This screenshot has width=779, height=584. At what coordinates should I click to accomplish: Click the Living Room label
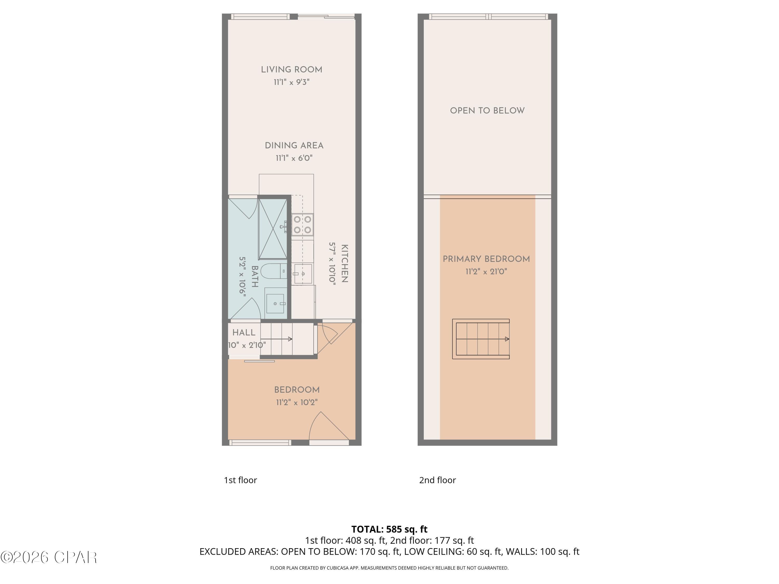coord(291,70)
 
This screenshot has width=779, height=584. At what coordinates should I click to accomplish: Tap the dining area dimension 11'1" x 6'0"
coord(294,158)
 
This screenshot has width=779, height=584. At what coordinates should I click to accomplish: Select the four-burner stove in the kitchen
coord(303,225)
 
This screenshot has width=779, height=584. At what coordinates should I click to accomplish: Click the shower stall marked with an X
coord(273,229)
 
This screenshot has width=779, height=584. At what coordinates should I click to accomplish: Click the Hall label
coord(244,333)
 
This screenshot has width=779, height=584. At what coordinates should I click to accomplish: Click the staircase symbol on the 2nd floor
coord(481,339)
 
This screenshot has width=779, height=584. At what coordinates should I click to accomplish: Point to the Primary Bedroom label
coord(486,259)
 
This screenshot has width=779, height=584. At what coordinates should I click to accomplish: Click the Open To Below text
coord(487,111)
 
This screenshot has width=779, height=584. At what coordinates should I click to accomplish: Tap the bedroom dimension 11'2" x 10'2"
coord(297,402)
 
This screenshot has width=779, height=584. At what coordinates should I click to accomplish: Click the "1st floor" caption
coord(240,480)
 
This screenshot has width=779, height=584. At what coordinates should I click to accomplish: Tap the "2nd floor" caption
coord(437,480)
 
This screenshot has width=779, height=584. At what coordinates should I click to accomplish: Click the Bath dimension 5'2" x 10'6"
coord(243,277)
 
